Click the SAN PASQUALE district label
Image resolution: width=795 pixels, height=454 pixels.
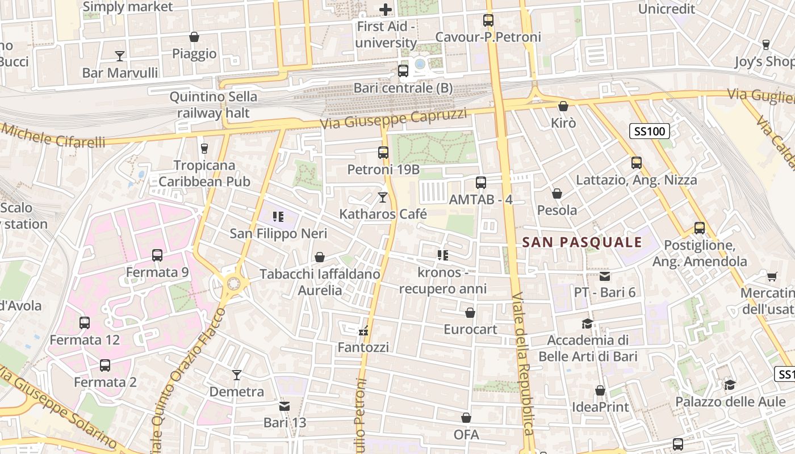(x=582, y=242)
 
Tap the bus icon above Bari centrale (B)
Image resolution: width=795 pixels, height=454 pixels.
(x=403, y=71)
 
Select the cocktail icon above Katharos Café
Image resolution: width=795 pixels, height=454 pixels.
(x=383, y=197)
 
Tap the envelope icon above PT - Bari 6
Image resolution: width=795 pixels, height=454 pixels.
(x=604, y=276)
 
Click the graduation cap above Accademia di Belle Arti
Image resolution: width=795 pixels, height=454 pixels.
(x=587, y=323)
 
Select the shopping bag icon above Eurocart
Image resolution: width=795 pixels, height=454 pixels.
(x=470, y=313)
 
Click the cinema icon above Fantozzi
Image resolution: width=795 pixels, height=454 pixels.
(x=363, y=331)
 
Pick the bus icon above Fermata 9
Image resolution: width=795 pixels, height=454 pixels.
(x=157, y=255)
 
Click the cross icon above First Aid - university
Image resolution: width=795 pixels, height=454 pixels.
(x=386, y=10)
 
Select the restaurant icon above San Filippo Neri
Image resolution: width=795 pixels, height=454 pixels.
(x=278, y=216)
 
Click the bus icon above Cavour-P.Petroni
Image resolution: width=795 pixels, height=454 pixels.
(x=488, y=20)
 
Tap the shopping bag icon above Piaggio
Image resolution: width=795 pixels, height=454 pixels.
(x=194, y=37)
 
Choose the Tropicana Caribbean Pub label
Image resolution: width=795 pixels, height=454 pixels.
(x=204, y=174)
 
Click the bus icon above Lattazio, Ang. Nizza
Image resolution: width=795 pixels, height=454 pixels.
(x=637, y=163)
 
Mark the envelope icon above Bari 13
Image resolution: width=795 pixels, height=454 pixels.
(x=284, y=406)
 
